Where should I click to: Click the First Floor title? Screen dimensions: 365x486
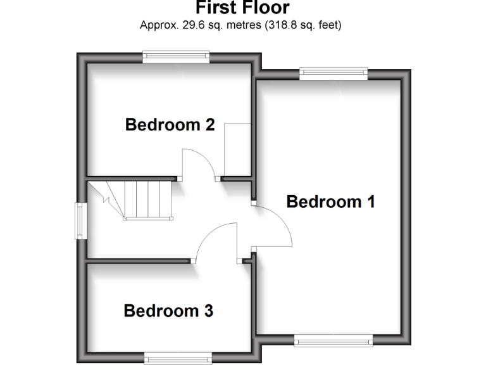[x=242, y=8]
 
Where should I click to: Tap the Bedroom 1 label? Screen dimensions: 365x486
[x=330, y=202]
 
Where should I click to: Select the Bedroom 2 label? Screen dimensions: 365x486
[x=170, y=124]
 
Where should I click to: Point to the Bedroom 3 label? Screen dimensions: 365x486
[x=168, y=311]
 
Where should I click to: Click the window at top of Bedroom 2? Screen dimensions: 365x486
[x=176, y=57]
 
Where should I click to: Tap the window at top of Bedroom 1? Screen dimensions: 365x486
[x=333, y=74]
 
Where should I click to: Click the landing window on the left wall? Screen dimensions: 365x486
[x=81, y=221]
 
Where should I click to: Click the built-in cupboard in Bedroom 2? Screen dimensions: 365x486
[x=238, y=150]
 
